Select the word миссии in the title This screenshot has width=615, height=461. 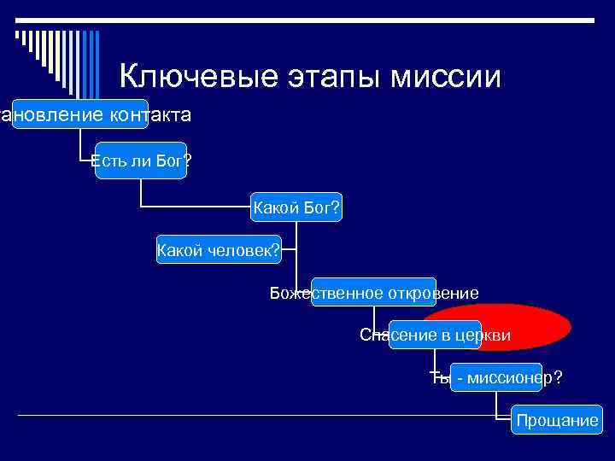click(x=448, y=76)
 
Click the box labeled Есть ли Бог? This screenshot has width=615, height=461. click(x=141, y=161)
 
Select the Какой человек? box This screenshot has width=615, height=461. click(x=220, y=249)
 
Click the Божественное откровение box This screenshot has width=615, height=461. click(x=374, y=293)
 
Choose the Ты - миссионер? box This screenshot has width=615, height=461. click(x=496, y=376)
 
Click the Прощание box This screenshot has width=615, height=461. click(x=556, y=420)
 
